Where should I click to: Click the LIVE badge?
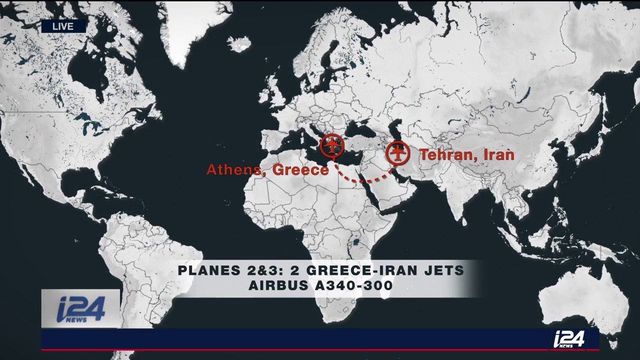point(63,26)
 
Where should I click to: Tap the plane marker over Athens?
point(332,144)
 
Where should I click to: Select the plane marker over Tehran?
point(398,153)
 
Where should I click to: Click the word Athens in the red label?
point(236,170)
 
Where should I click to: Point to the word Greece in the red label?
point(301,170)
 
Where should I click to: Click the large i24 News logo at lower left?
point(80,309)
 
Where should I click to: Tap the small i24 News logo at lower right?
point(569,339)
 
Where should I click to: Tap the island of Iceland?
point(239,43)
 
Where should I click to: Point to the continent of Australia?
point(582,300)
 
